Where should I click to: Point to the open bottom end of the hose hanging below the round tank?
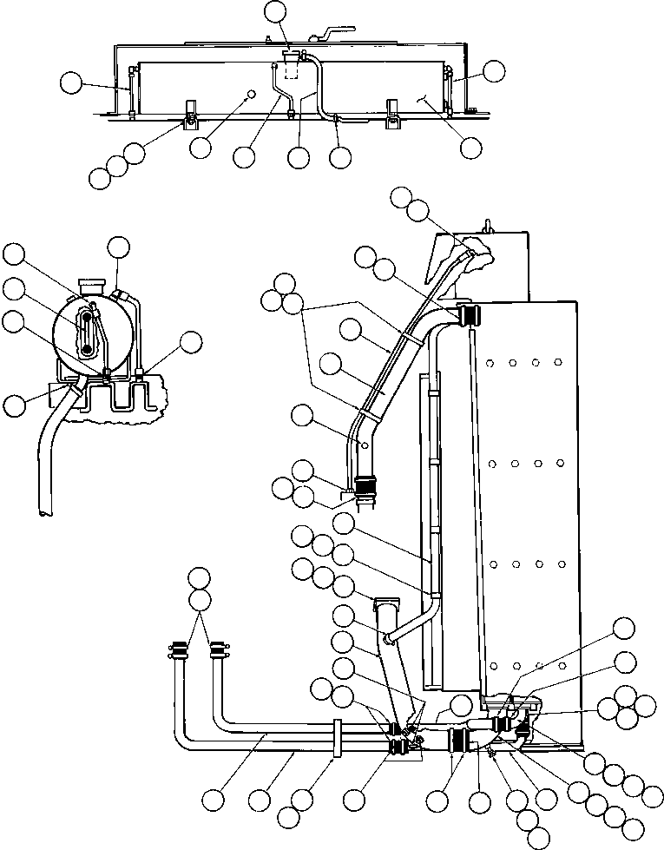43,514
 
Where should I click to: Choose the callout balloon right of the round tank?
191,341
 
